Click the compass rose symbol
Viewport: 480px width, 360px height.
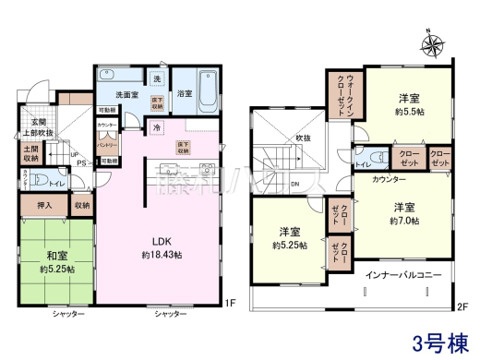(x=433, y=42)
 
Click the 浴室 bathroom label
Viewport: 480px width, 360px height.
(x=185, y=92)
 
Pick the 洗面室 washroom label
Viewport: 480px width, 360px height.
(x=126, y=94)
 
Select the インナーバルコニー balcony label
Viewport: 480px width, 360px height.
(x=398, y=275)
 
